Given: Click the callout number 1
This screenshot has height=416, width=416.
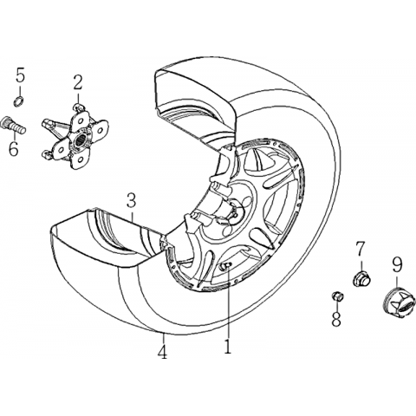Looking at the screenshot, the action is click(228, 346).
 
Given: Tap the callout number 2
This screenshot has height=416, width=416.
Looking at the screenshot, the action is click(77, 82).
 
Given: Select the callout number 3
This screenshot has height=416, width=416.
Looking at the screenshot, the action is click(131, 200).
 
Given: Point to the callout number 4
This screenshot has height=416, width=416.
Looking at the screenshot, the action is click(163, 352).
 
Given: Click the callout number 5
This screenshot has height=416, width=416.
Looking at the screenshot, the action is click(20, 75).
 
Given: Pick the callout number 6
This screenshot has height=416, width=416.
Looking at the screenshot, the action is click(14, 148).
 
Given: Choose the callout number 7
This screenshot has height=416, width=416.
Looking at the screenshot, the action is click(361, 249).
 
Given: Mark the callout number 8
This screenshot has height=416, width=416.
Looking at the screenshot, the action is click(336, 319).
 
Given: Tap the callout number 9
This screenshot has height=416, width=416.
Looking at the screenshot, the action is click(397, 263).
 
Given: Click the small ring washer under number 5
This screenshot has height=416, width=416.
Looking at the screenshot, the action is click(19, 101).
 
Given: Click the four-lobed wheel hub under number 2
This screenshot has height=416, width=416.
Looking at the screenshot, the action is click(75, 140).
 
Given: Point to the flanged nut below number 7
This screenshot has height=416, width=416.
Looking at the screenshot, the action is click(361, 278).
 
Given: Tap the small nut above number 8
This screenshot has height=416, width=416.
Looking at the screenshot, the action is click(337, 296).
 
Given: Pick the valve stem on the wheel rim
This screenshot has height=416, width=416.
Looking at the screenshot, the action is click(224, 267).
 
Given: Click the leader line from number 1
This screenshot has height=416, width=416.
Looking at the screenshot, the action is click(228, 302).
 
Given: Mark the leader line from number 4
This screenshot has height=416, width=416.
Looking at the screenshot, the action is click(163, 338).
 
